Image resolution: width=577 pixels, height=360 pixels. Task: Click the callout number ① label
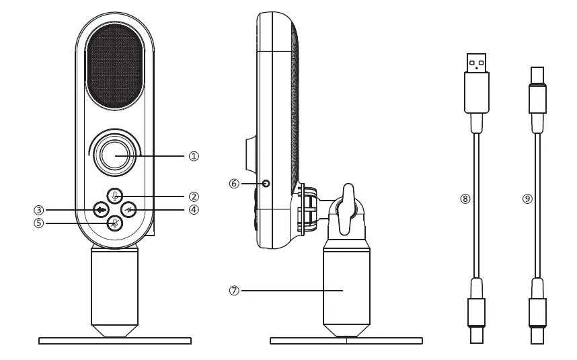(x=194, y=156)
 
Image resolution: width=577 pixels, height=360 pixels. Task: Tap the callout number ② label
(x=194, y=196)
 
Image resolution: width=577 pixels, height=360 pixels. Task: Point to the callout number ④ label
(x=194, y=209)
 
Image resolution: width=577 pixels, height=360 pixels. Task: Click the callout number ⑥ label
(x=234, y=183)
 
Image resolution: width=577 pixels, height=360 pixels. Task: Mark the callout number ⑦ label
(x=234, y=291)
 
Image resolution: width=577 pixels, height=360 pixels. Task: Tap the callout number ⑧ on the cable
(x=465, y=199)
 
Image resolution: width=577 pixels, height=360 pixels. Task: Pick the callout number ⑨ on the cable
(x=527, y=199)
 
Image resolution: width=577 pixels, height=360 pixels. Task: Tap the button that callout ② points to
(x=115, y=196)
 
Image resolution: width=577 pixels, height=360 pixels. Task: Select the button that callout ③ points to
(x=101, y=209)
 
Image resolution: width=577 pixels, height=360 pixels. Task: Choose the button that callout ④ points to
(x=130, y=209)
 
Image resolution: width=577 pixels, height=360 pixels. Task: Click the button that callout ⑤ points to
(x=115, y=223)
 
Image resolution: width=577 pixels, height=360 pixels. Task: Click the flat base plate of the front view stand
(x=115, y=341)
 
